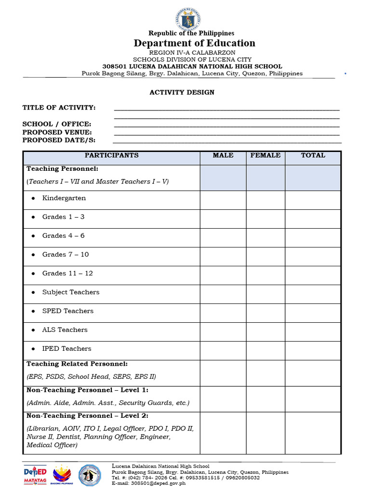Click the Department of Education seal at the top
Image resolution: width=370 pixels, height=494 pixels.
coord(188,19)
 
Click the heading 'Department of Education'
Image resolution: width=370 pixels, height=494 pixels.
coord(195,43)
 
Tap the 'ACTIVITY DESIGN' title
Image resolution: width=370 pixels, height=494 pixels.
coord(182,92)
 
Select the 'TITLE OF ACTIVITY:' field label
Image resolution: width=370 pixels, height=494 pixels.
coord(59,108)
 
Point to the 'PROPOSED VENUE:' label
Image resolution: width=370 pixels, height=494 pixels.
coord(57,132)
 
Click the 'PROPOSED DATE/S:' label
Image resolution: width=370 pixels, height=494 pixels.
coord(59,140)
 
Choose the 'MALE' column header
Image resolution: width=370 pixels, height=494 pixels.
coord(223,155)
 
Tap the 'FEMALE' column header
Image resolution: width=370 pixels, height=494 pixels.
coord(265,155)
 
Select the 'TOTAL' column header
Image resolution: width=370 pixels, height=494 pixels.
coord(313,155)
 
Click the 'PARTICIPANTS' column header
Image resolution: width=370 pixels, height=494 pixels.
coord(112,155)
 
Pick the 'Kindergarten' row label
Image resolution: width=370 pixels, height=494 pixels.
coord(64,198)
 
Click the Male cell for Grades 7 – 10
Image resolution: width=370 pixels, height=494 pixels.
coord(223,256)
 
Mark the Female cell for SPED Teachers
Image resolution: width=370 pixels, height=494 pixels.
coord(265,313)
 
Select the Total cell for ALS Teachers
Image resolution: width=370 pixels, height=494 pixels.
coord(313,331)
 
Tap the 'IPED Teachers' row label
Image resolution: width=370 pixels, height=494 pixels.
coord(66,349)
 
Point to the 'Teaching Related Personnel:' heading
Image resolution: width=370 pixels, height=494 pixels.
coord(77,364)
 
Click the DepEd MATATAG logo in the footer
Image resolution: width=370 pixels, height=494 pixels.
coord(36,475)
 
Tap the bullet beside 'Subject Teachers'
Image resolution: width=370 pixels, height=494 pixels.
coord(33,292)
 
